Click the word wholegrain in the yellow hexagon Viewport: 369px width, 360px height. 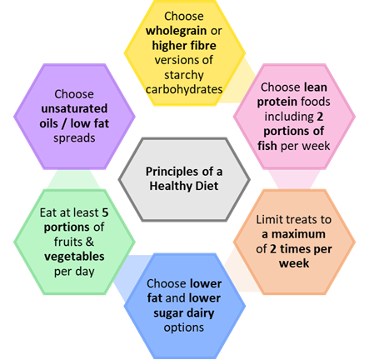(x=176, y=31)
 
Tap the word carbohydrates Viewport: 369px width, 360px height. (x=184, y=89)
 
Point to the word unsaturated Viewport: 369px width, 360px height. (x=74, y=108)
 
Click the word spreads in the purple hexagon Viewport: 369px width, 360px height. (x=74, y=138)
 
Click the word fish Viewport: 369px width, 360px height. (x=267, y=146)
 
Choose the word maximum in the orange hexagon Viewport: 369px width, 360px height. (x=298, y=234)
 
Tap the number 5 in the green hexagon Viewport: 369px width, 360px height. (x=105, y=212)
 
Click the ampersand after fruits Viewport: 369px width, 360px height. (x=89, y=242)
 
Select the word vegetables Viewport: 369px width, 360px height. (x=74, y=257)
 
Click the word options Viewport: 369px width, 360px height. (x=184, y=327)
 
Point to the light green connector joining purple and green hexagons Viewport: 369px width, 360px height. (x=74, y=180)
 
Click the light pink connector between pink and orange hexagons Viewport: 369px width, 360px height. (x=294, y=180)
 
